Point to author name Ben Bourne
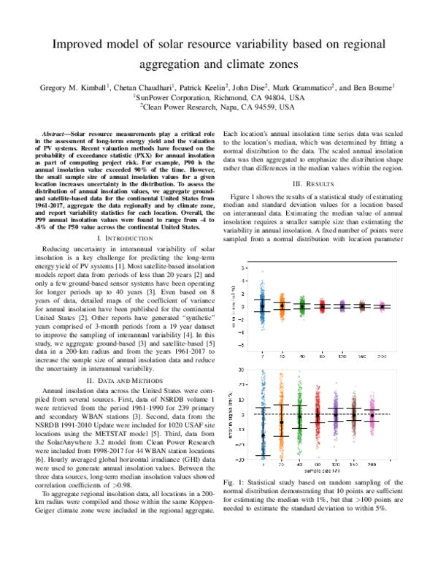click(x=373, y=87)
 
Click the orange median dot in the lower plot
click(x=281, y=422)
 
